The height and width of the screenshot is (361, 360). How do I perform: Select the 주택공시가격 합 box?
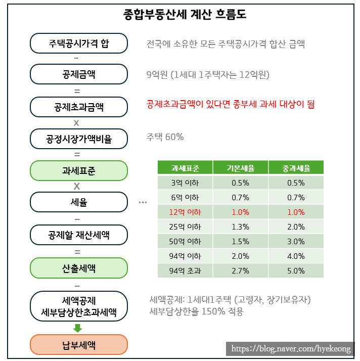[78, 43]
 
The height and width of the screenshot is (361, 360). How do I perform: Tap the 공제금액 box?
[78, 74]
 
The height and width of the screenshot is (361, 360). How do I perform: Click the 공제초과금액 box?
[78, 106]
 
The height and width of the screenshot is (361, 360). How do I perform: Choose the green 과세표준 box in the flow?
[78, 170]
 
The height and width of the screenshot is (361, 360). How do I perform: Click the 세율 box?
[78, 202]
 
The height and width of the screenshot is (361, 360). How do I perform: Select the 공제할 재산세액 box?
[78, 235]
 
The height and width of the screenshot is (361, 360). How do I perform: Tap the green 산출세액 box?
[78, 267]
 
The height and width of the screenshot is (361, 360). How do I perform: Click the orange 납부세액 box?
[78, 345]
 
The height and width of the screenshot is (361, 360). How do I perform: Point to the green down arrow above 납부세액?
[77, 328]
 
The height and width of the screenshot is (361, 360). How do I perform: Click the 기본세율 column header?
[241, 168]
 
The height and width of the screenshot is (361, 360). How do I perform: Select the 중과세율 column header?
[296, 168]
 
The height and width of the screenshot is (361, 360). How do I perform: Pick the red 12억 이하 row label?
[185, 212]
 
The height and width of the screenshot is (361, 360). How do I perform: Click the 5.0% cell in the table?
[296, 271]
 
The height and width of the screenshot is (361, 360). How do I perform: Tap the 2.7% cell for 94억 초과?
[241, 271]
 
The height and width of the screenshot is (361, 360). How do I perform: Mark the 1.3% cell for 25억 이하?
[241, 227]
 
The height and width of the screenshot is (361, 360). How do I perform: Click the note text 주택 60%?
[165, 137]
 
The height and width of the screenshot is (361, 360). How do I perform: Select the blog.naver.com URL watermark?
[290, 349]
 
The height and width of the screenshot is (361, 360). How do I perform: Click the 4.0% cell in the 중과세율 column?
[296, 256]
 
